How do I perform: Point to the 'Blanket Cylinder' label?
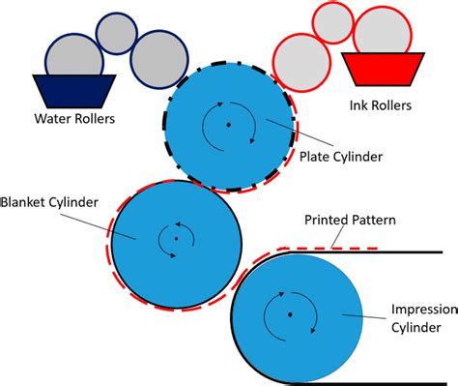47,204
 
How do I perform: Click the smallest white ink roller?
334,21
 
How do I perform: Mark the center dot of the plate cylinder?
229,125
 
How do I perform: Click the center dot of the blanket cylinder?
176,238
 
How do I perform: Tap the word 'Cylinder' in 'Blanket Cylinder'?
75,204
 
